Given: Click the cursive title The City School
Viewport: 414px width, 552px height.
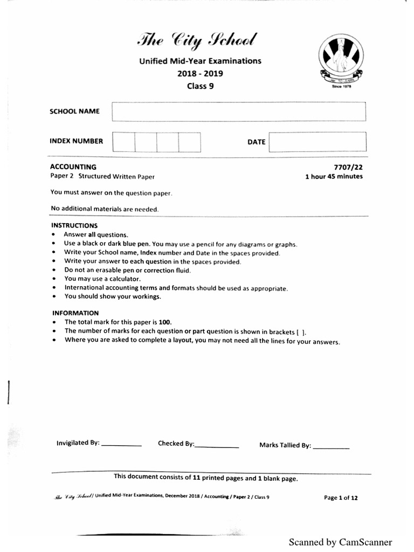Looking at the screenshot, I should (197, 40).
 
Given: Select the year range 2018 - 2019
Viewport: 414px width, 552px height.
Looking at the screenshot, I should (200, 73).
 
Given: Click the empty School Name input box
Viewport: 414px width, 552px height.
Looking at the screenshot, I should (239, 112).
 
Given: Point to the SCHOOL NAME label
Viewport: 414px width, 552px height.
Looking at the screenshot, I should (74, 112).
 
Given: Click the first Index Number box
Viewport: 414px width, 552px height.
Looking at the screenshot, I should (123, 142).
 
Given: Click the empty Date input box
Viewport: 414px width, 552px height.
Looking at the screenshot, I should (318, 142).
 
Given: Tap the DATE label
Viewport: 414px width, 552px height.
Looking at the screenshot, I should (256, 142).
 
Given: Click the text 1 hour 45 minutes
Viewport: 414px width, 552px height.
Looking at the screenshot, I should (334, 176).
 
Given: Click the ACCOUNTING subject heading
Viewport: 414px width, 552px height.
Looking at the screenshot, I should (73, 167).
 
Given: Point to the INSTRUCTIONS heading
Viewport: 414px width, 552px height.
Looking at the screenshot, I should (74, 225).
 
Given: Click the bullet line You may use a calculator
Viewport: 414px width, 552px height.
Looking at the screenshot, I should (102, 279).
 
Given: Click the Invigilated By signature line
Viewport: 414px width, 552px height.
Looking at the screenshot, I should (121, 445).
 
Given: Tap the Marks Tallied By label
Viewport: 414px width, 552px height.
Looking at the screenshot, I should (285, 445).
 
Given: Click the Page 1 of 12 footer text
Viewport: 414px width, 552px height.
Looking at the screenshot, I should (340, 498).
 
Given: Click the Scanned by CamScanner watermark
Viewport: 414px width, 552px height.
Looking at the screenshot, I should (340, 542).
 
